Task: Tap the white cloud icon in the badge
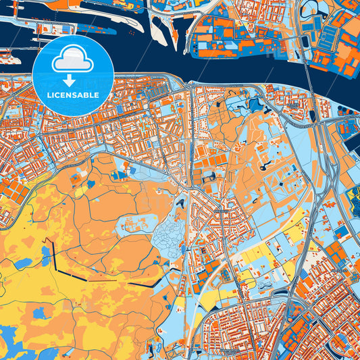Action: tap(73, 61)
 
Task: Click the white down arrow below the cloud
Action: tap(73, 80)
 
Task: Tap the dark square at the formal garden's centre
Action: tap(281, 180)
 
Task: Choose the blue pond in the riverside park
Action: tap(255, 104)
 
